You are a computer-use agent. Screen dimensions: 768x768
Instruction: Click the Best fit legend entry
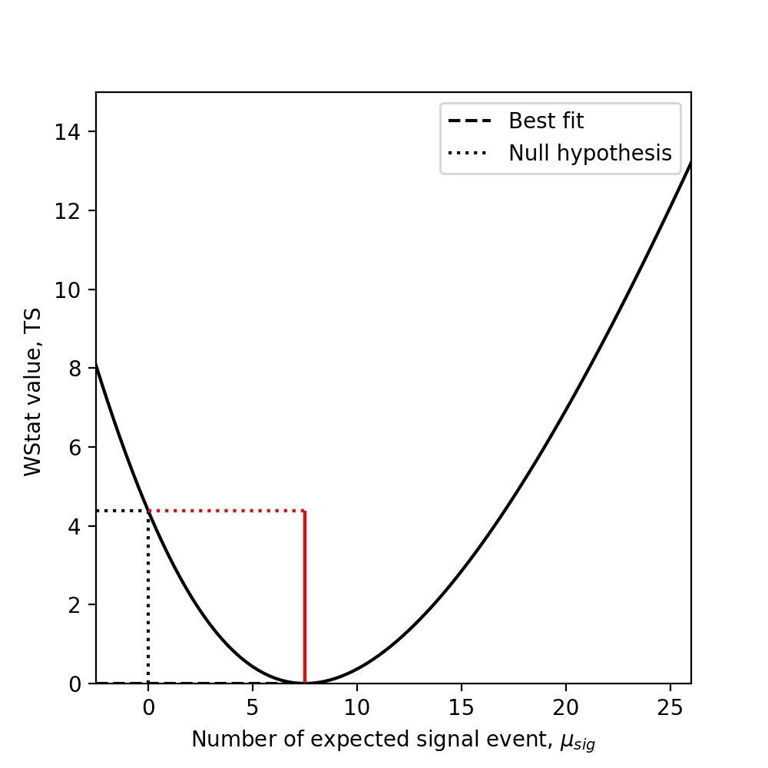pyautogui.click(x=545, y=121)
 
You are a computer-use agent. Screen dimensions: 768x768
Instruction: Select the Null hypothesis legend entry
pyautogui.click(x=590, y=154)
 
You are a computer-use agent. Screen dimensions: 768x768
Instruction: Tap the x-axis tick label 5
pyautogui.click(x=253, y=705)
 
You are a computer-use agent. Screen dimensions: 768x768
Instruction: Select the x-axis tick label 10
pyautogui.click(x=357, y=705)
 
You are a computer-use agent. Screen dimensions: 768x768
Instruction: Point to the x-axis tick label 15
pyautogui.click(x=462, y=705)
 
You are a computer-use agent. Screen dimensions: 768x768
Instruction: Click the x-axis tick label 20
pyautogui.click(x=566, y=705)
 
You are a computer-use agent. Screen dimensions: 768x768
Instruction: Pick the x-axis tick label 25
pyautogui.click(x=670, y=705)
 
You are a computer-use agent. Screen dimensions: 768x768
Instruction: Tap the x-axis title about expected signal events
pyautogui.click(x=393, y=740)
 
